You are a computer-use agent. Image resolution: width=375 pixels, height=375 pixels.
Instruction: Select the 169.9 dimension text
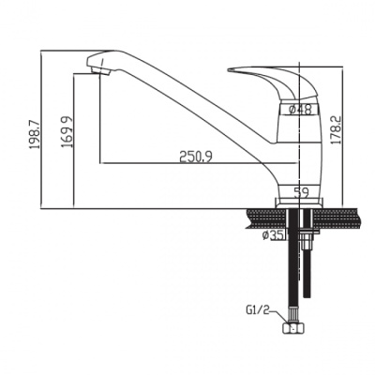pos(67,132)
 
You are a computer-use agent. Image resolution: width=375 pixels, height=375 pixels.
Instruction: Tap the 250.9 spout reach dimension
pos(196,157)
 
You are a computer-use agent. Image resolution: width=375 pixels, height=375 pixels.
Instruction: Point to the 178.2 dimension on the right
pos(336,129)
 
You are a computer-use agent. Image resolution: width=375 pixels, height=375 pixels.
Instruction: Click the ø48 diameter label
pos(301,110)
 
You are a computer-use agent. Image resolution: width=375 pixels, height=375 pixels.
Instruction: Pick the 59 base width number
pos(302,192)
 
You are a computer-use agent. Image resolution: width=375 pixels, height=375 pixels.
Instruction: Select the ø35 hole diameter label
pos(273,235)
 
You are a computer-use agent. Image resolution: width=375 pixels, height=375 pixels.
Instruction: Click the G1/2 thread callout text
pos(257,311)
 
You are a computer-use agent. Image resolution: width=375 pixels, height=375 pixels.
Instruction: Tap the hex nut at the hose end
pos(292,328)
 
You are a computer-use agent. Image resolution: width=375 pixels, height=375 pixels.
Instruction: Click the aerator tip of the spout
pos(100,70)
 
